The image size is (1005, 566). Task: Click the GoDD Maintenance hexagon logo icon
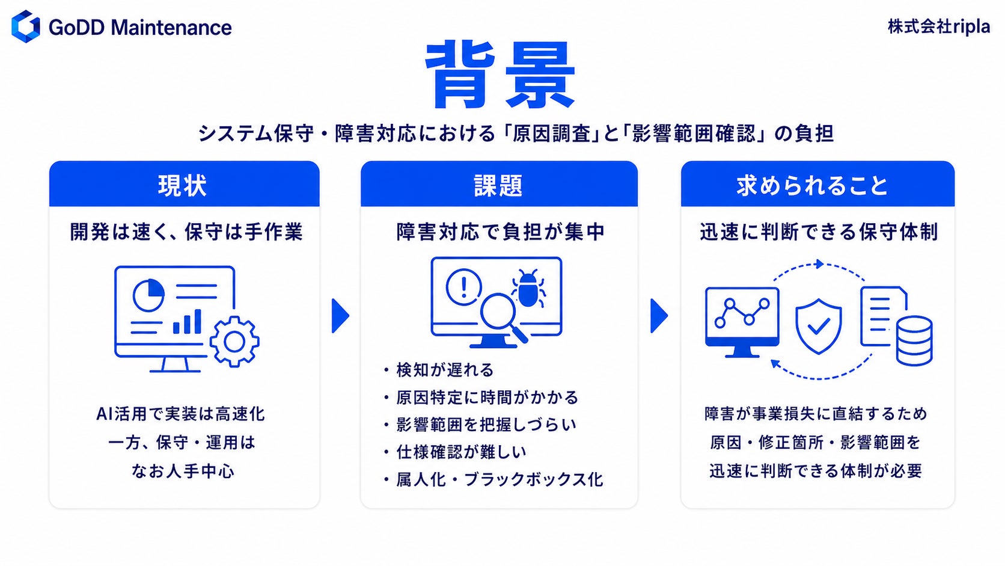(x=26, y=26)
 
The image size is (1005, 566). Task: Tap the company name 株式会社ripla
(x=939, y=27)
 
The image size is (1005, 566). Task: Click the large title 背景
(x=500, y=75)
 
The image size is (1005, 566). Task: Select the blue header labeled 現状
(x=185, y=184)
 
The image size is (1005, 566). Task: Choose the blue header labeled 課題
(x=499, y=184)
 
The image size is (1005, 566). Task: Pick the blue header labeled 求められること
(x=817, y=184)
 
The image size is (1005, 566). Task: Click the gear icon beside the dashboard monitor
(x=234, y=342)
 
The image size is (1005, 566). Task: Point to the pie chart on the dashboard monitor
(x=148, y=295)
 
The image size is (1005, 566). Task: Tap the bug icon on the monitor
(x=528, y=289)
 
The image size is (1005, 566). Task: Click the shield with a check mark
(x=818, y=327)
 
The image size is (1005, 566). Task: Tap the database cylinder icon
(x=914, y=340)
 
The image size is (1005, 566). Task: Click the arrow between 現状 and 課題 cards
(x=341, y=316)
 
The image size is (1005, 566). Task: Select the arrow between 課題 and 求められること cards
(x=659, y=316)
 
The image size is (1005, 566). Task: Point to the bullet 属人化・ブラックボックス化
(x=499, y=479)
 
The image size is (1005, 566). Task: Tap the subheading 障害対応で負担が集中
(x=500, y=232)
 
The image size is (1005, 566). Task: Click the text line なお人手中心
(x=183, y=471)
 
